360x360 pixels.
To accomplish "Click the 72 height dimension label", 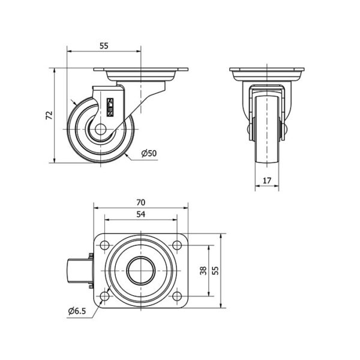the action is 49,115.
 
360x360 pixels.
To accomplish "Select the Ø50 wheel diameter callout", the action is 149,153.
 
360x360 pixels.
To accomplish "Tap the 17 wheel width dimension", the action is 267,181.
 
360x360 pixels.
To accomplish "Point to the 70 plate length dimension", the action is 141,203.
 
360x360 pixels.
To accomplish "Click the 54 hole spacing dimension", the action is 141,214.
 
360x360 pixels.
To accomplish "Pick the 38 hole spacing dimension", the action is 203,271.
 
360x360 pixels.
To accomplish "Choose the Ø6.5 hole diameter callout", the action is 77,311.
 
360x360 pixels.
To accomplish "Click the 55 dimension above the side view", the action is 104,46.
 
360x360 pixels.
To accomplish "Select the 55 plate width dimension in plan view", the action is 215,271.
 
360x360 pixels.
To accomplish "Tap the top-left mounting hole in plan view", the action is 104,245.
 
